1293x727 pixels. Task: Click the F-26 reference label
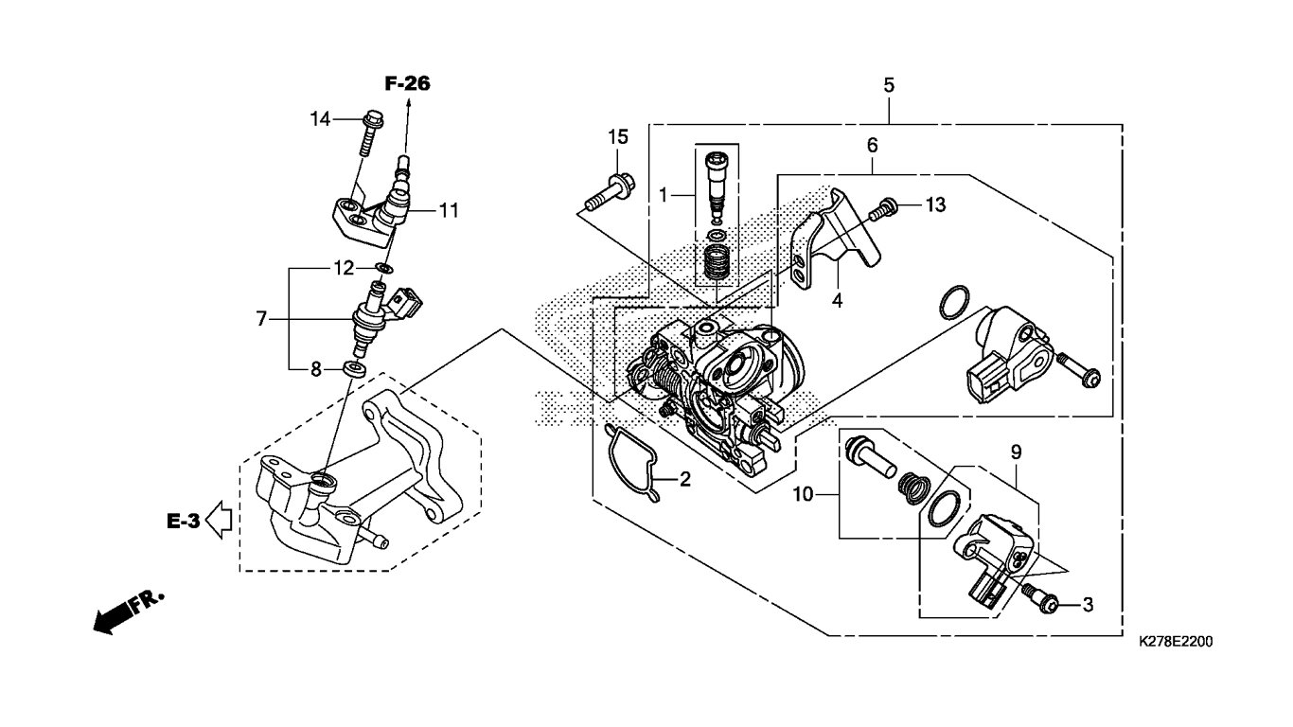tap(408, 84)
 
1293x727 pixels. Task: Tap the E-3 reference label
tap(184, 522)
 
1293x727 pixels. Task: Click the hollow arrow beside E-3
tap(220, 520)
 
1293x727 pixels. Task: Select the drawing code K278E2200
tap(1176, 642)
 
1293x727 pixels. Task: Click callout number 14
tap(320, 119)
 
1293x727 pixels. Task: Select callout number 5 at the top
tap(889, 85)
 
